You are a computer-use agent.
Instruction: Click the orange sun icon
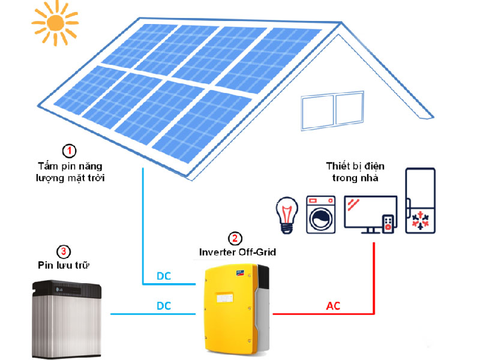[55, 23]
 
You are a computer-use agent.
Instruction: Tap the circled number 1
[69, 151]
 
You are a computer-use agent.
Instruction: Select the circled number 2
[235, 238]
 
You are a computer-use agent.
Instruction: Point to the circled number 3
[64, 251]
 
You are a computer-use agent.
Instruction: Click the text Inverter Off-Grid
[238, 252]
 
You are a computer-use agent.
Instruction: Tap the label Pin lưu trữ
[64, 265]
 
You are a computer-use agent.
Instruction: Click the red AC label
[333, 306]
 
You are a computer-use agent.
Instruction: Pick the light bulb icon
[287, 215]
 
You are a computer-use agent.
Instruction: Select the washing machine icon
[321, 215]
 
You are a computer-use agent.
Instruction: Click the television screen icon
[370, 215]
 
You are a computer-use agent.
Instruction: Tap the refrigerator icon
[421, 200]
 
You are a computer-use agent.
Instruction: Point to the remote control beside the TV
[388, 224]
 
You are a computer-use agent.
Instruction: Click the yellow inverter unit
[236, 308]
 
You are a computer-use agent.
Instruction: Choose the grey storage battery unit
[67, 319]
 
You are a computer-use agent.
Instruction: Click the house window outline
[332, 110]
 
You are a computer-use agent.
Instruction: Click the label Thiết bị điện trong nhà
[355, 172]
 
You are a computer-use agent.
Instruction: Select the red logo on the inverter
[238, 272]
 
